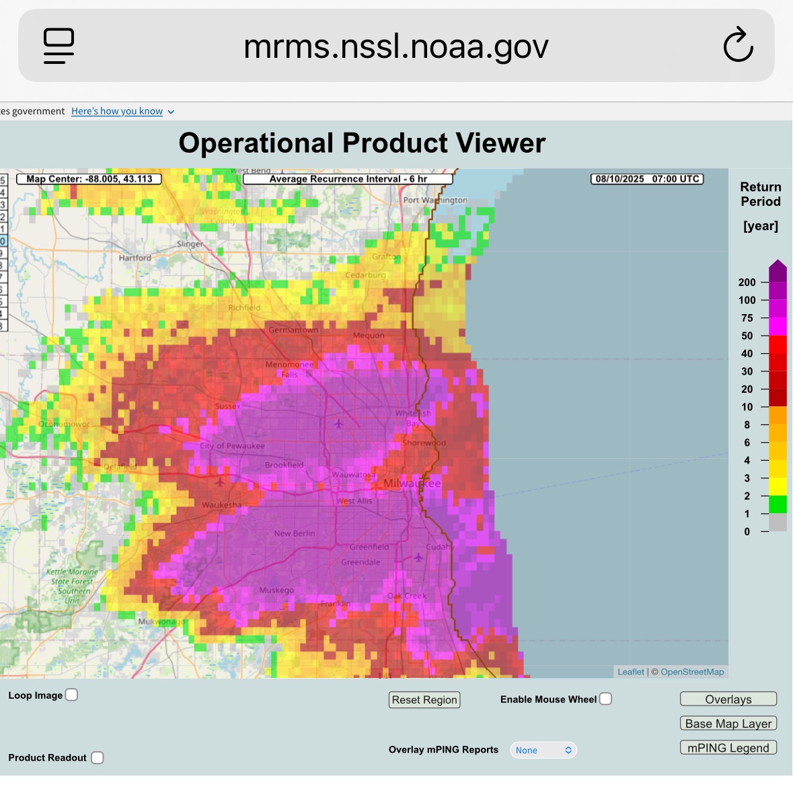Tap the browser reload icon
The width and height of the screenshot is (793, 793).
(738, 46)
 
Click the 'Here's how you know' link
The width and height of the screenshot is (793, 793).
(117, 111)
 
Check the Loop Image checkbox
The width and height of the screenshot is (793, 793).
(71, 695)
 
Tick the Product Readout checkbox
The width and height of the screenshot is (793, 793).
(98, 757)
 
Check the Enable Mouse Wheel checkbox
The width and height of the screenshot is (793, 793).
(605, 699)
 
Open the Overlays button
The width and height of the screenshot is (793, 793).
(728, 700)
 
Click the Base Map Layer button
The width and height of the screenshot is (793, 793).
(728, 724)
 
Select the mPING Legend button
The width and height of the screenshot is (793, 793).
(728, 748)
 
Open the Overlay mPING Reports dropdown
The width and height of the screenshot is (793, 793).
(543, 750)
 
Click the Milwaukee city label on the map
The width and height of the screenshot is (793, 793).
(412, 484)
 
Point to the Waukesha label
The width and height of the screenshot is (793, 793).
(221, 505)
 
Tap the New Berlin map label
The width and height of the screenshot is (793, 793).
(295, 533)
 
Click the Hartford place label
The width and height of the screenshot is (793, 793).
(135, 258)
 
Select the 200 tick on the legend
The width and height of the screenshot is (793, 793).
(747, 282)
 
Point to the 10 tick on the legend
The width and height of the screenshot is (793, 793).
(747, 407)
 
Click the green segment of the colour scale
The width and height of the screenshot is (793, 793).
(778, 504)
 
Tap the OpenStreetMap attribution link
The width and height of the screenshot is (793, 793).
(692, 672)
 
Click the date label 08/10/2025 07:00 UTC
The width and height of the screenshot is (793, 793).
(647, 179)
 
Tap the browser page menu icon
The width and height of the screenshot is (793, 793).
(59, 46)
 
